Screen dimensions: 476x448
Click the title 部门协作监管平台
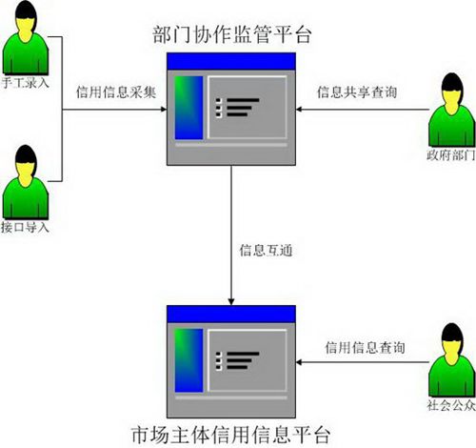click(232, 34)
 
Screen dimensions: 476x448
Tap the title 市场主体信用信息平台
click(230, 435)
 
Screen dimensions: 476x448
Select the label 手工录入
click(26, 83)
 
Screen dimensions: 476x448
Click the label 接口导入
click(25, 227)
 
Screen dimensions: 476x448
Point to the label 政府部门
click(451, 155)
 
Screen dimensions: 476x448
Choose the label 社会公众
click(451, 405)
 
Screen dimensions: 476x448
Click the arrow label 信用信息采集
click(116, 92)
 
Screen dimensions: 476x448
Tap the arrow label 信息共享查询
click(357, 92)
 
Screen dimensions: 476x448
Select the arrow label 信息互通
click(266, 251)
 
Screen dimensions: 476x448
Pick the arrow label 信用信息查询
click(365, 347)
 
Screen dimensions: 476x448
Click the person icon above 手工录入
click(26, 38)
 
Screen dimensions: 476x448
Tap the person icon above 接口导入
click(26, 182)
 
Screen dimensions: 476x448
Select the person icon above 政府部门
click(451, 110)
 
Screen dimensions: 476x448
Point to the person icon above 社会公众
click(451, 360)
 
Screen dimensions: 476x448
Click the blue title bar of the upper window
click(231, 61)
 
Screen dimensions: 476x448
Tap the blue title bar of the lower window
click(231, 315)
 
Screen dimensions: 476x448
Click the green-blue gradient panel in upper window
click(188, 108)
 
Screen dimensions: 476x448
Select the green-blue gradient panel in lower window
click(188, 360)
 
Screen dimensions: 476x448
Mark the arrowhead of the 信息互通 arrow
click(231, 302)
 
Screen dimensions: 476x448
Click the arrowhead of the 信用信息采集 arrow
click(164, 110)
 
